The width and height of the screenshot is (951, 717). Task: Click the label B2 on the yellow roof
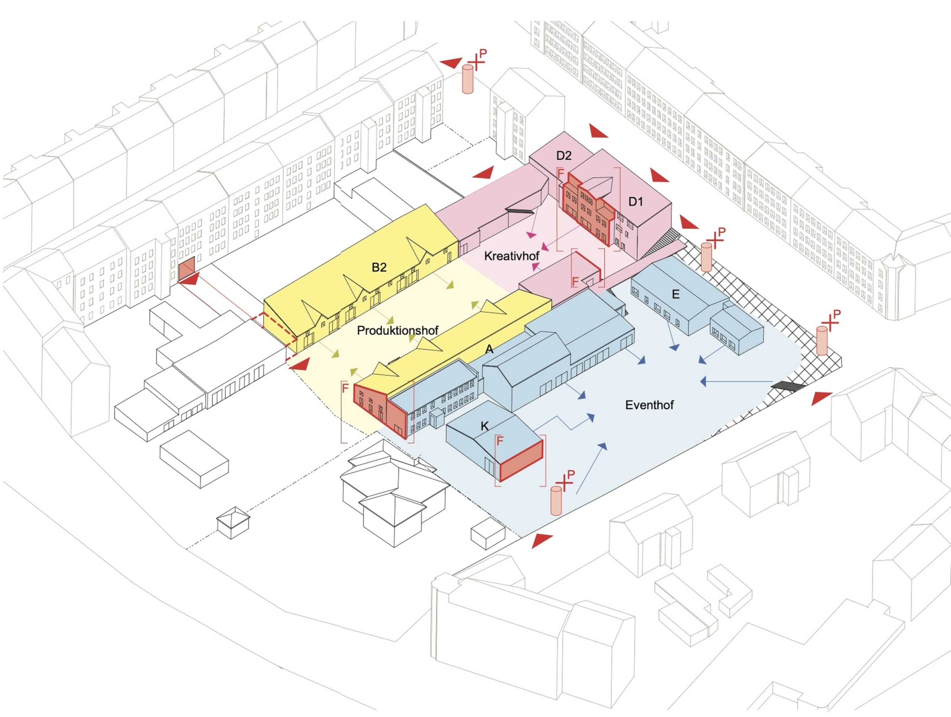tap(379, 267)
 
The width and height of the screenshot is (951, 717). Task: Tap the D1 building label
tap(636, 201)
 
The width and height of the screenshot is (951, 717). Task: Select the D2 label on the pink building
tap(564, 156)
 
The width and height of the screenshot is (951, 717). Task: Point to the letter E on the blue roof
tap(675, 295)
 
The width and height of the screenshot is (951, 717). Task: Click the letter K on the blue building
tap(484, 426)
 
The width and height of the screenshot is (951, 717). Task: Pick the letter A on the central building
tap(489, 350)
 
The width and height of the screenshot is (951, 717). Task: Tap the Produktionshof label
tap(398, 330)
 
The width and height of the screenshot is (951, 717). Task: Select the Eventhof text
tap(649, 405)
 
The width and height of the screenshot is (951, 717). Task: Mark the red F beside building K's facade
tap(500, 441)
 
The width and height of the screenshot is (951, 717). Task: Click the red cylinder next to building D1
tap(706, 257)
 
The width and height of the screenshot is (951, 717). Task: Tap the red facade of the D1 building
tap(588, 210)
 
